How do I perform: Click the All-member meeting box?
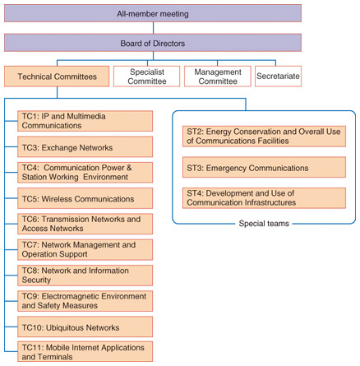[x=153, y=13]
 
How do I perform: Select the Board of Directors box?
[x=153, y=43]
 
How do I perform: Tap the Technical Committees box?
[x=57, y=76]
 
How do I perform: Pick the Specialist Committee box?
[x=147, y=76]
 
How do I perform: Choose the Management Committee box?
[x=218, y=76]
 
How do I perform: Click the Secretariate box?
[x=278, y=76]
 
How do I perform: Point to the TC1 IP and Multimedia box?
[x=85, y=121]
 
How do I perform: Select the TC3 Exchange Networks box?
[x=85, y=147]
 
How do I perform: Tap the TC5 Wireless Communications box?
[x=85, y=198]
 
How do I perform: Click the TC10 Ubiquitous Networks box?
[x=85, y=327]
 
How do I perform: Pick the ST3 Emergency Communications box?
[x=264, y=167]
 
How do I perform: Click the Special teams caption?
[x=264, y=224]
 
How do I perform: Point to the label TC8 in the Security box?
[x=30, y=271]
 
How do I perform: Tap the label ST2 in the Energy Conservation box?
[x=195, y=132]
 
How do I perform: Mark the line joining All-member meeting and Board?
[x=153, y=28]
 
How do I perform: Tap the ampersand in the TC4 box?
[x=129, y=168]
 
